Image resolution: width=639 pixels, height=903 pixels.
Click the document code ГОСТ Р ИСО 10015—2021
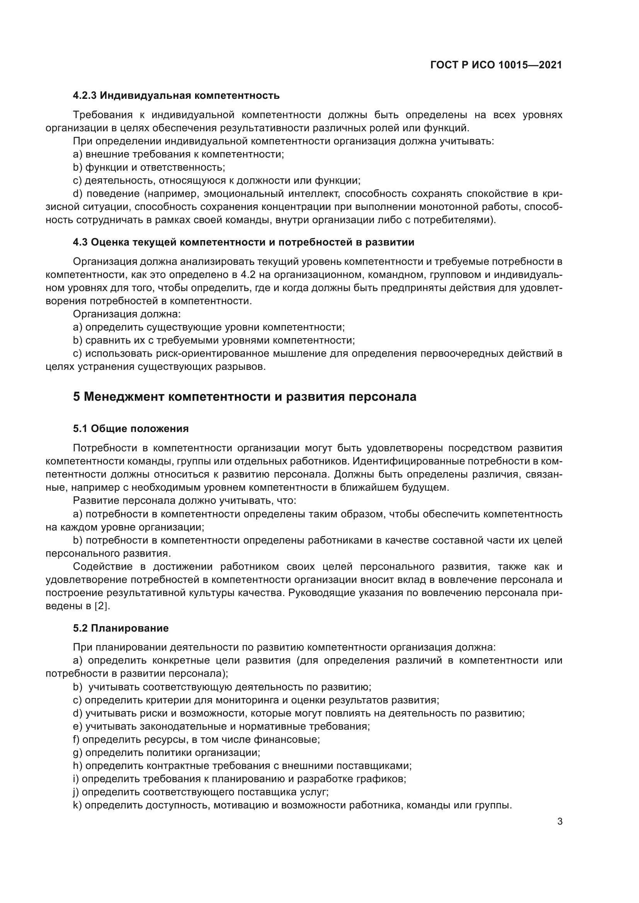(x=496, y=65)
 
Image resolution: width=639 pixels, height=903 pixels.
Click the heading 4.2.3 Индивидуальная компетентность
(x=176, y=95)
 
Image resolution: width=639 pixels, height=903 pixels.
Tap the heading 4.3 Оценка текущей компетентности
(x=243, y=242)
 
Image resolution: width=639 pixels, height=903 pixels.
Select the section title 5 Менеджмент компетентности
(x=244, y=396)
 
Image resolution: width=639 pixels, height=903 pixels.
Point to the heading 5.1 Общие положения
(x=131, y=429)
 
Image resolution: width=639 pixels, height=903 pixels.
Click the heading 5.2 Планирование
(x=121, y=628)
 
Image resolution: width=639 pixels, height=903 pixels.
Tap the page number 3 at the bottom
(x=559, y=822)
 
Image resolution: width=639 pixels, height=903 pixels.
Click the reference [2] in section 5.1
(x=101, y=606)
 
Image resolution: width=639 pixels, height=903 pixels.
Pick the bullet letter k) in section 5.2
(x=77, y=805)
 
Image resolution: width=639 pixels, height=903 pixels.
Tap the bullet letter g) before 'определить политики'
(x=78, y=752)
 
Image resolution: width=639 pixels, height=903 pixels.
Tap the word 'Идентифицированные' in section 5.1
(x=408, y=461)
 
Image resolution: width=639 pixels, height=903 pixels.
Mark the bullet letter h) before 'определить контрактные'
(x=78, y=766)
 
